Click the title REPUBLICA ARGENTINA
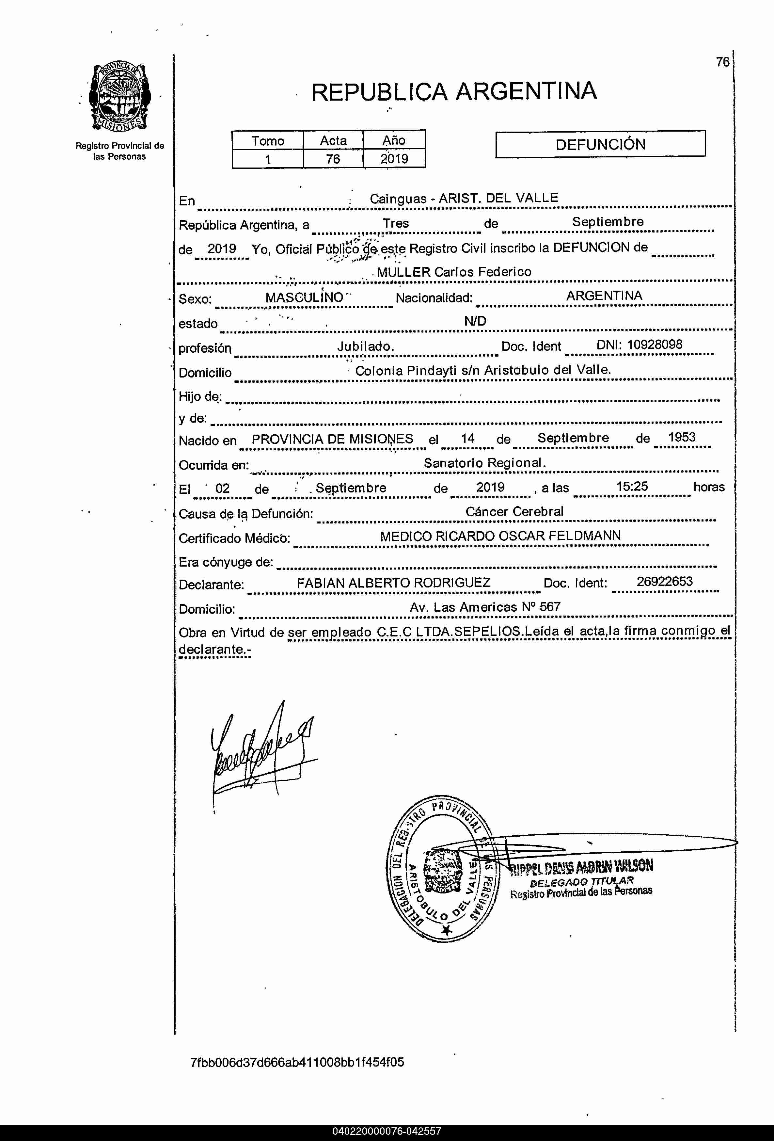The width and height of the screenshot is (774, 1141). tap(454, 92)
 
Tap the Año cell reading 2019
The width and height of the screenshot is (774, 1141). tap(394, 159)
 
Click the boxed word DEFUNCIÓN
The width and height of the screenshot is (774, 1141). tap(600, 144)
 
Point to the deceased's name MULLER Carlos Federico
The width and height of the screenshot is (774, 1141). tap(454, 272)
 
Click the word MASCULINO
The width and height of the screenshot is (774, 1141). tap(304, 297)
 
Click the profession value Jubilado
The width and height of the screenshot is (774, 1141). tap(365, 346)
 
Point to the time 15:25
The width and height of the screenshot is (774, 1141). tap(632, 487)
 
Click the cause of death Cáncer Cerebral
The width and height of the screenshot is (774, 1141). tap(514, 512)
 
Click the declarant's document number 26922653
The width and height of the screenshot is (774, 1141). tap(665, 582)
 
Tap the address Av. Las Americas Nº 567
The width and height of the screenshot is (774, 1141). tap(485, 607)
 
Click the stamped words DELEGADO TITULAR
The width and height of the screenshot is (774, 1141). tap(582, 882)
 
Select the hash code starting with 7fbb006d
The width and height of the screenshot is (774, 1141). tap(297, 1062)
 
